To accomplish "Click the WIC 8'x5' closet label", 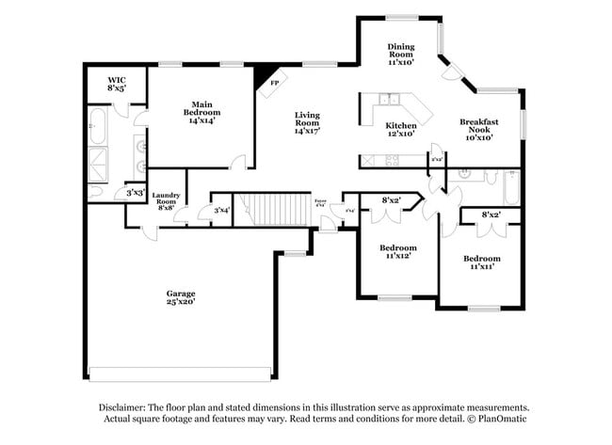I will click(x=117, y=84).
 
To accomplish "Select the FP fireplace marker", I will click(x=275, y=83).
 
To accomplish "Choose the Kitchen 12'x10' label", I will click(x=400, y=130).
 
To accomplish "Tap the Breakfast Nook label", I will click(x=478, y=129).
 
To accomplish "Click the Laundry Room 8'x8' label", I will click(x=166, y=201).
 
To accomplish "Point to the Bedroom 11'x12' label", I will click(x=397, y=252).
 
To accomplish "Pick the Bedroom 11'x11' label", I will click(x=481, y=262).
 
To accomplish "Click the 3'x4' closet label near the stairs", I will click(x=221, y=211).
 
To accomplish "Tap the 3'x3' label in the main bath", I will click(x=136, y=192).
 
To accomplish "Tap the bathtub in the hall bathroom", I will click(x=508, y=188).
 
